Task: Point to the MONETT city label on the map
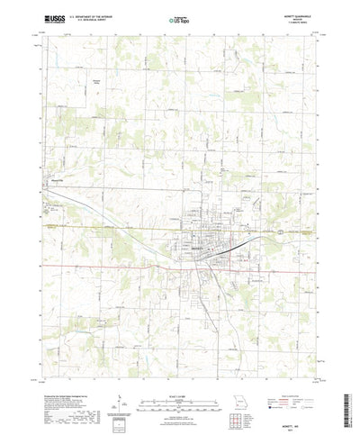click(200, 249)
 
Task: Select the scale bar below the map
click(180, 389)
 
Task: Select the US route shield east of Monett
click(281, 232)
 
